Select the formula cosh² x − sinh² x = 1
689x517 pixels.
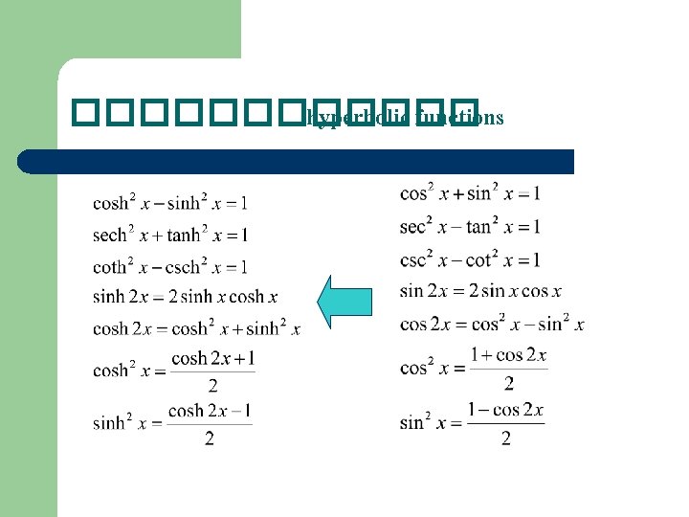170,202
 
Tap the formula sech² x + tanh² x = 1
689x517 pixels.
170,235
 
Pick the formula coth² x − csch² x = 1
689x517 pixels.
170,266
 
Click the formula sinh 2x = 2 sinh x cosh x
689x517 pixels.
185,297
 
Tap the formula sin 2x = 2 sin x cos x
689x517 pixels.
480,291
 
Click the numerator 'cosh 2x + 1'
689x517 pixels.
212,360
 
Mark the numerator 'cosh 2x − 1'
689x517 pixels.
211,411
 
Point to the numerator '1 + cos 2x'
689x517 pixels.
508,355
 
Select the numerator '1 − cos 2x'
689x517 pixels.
506,411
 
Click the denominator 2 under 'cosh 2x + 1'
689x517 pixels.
212,386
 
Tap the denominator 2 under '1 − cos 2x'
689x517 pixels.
506,438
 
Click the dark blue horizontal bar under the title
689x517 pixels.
297,161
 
